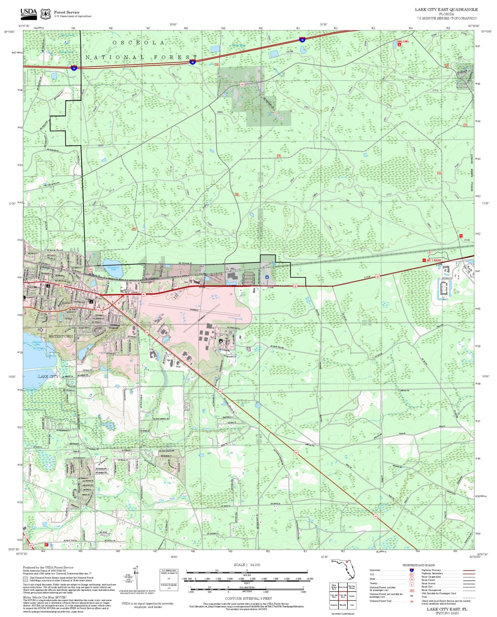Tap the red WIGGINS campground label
tap(403, 41)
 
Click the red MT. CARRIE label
tap(434, 260)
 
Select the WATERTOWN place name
tap(61, 336)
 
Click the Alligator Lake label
tap(37, 344)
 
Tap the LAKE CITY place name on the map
tap(48, 377)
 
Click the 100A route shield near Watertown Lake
tap(91, 269)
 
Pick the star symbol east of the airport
tap(267, 277)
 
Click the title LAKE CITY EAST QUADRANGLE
tap(446, 10)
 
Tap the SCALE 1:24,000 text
tap(247, 565)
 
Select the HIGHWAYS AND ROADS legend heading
tap(418, 565)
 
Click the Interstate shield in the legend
tap(411, 570)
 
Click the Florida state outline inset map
tap(343, 569)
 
